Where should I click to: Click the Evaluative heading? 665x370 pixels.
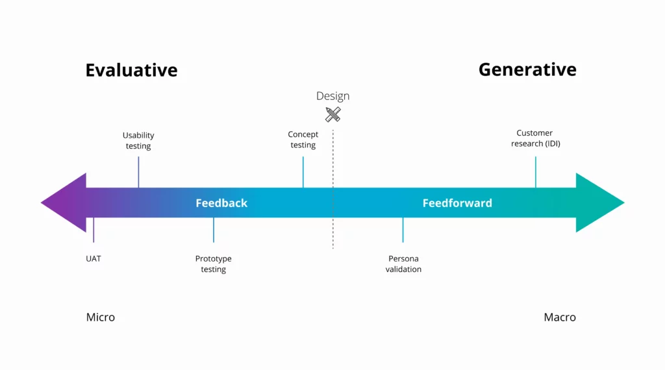tap(131, 70)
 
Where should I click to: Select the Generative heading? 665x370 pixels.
tap(527, 69)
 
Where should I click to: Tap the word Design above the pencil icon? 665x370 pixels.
tap(332, 96)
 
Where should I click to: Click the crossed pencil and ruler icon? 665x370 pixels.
tap(333, 115)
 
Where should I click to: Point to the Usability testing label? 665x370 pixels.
tap(138, 141)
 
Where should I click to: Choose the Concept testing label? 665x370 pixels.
tap(303, 140)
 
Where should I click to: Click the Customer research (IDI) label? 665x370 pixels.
tap(535, 138)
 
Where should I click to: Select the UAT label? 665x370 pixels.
tap(94, 258)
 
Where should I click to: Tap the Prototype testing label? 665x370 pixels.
tap(213, 264)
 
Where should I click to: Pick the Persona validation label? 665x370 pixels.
tap(403, 264)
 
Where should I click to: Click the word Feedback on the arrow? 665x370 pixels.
tap(221, 203)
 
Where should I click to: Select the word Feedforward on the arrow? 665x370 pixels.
tap(457, 203)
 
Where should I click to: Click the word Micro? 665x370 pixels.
tap(101, 317)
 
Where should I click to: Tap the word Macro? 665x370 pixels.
tap(560, 317)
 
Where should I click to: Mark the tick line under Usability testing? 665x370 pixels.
tap(138, 172)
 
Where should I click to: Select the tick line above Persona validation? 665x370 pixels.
tap(403, 230)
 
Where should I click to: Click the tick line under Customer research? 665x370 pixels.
tap(536, 172)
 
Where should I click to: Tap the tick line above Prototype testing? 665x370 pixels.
tap(214, 230)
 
